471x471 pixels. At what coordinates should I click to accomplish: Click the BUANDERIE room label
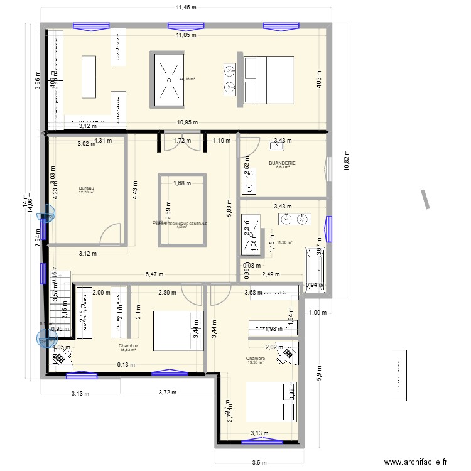pos(282,163)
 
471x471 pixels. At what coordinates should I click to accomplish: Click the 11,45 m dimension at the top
pos(186,8)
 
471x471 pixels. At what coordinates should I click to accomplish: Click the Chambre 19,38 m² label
pos(257,359)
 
